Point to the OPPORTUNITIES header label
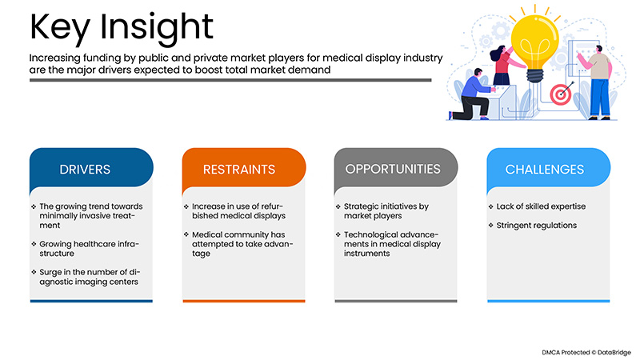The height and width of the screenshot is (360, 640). (393, 169)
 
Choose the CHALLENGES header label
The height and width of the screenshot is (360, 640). (544, 170)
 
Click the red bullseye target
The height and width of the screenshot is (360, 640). (560, 94)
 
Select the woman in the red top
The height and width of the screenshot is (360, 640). (503, 64)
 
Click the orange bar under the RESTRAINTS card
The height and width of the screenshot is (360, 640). (243, 301)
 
